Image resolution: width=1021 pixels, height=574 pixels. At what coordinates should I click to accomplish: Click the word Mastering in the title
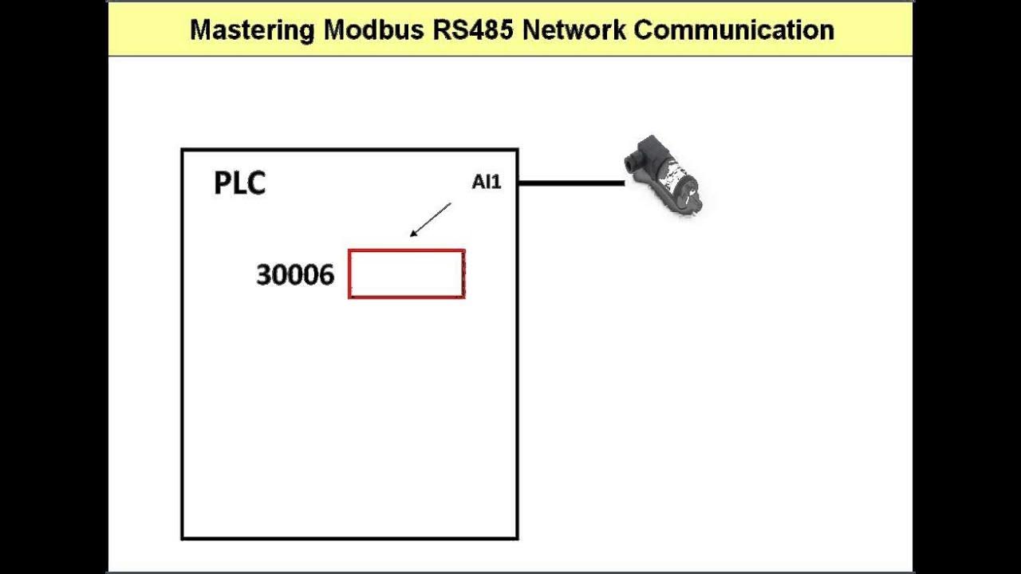(251, 30)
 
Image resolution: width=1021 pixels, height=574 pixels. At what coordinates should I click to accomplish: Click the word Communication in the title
(734, 30)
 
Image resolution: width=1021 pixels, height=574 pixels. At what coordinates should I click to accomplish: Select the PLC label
(239, 183)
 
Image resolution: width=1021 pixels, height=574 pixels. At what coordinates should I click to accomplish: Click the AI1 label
(487, 183)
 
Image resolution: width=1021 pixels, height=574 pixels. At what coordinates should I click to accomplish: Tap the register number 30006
(295, 275)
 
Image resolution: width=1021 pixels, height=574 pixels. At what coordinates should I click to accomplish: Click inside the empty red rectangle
(407, 274)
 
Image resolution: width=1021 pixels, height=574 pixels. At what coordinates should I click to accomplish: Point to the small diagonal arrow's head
(412, 235)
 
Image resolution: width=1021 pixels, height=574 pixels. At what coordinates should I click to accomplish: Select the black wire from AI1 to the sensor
(571, 183)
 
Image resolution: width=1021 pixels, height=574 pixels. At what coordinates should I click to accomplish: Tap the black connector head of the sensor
(641, 156)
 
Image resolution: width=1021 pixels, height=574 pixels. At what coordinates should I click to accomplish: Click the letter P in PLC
(223, 183)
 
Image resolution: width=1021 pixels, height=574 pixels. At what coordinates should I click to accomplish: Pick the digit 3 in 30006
(263, 275)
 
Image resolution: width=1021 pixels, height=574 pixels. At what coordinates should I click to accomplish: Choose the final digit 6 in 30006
(326, 275)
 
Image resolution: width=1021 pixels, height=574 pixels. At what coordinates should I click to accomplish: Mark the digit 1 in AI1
(498, 183)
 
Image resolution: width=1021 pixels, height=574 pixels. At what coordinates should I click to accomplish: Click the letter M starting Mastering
(201, 30)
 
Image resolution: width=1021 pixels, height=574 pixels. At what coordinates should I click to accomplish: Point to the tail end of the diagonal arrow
(451, 204)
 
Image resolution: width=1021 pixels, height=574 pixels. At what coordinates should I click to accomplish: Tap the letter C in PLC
(256, 183)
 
